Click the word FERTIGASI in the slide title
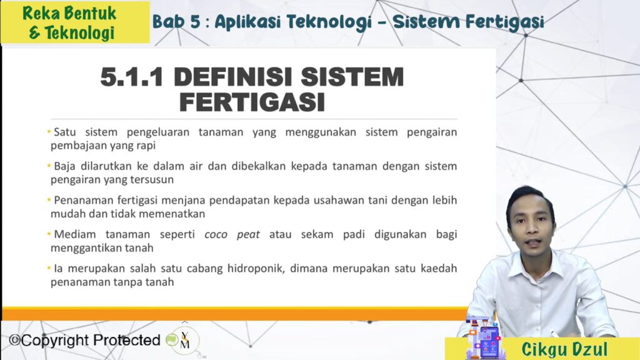pyautogui.click(x=252, y=102)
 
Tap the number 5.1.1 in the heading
pyautogui.click(x=131, y=77)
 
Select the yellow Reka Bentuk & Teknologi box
pyautogui.click(x=75, y=22)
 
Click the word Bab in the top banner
pyautogui.click(x=168, y=22)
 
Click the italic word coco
pyautogui.click(x=216, y=234)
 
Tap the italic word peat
pyautogui.click(x=248, y=235)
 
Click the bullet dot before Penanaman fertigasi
pyautogui.click(x=49, y=199)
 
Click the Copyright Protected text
pyautogui.click(x=84, y=340)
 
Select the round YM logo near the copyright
pyautogui.click(x=184, y=341)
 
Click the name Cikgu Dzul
pyautogui.click(x=564, y=349)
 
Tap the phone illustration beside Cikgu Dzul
pyautogui.click(x=488, y=342)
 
